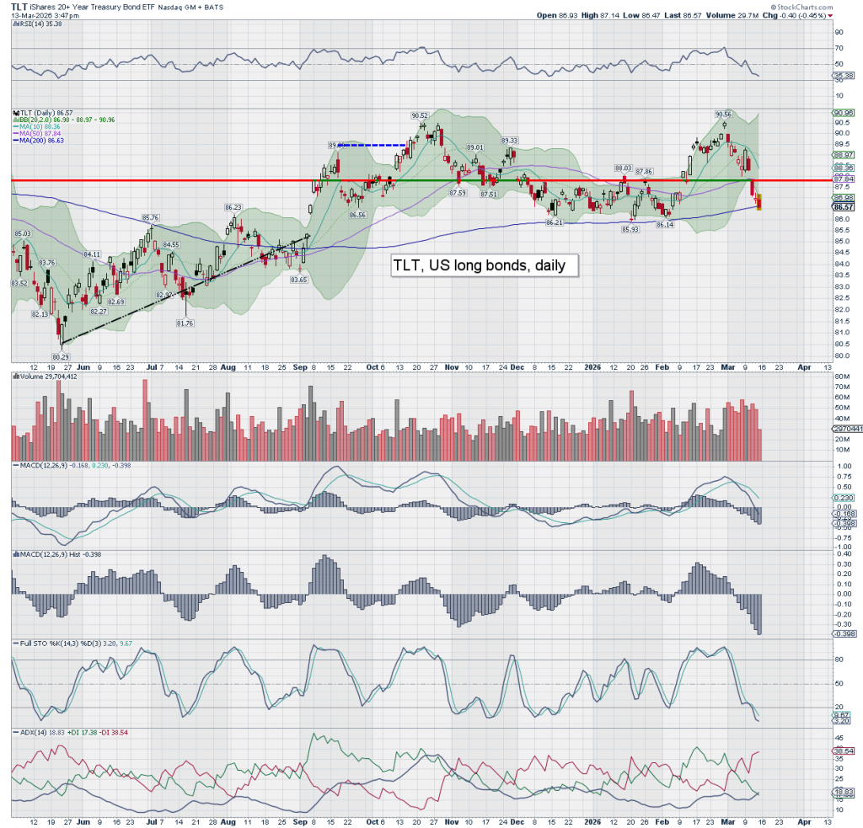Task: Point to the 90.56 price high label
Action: tap(724, 114)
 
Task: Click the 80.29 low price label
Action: tap(59, 356)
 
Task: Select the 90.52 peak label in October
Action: tap(421, 115)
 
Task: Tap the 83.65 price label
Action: tap(298, 280)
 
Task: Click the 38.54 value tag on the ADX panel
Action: tap(842, 751)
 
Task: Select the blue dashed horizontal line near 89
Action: tap(371, 145)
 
